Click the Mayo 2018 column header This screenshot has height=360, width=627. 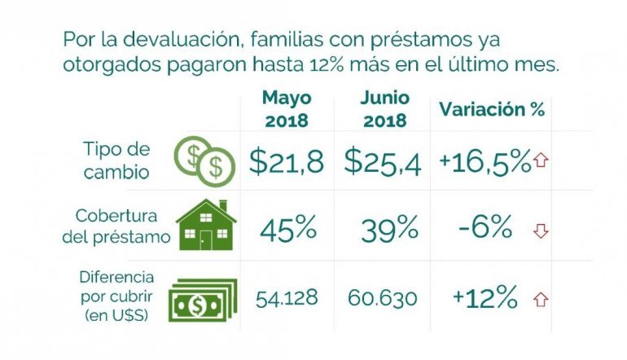(x=286, y=109)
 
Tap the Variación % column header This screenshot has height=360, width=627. (x=492, y=109)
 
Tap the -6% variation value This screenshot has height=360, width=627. (x=484, y=229)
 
